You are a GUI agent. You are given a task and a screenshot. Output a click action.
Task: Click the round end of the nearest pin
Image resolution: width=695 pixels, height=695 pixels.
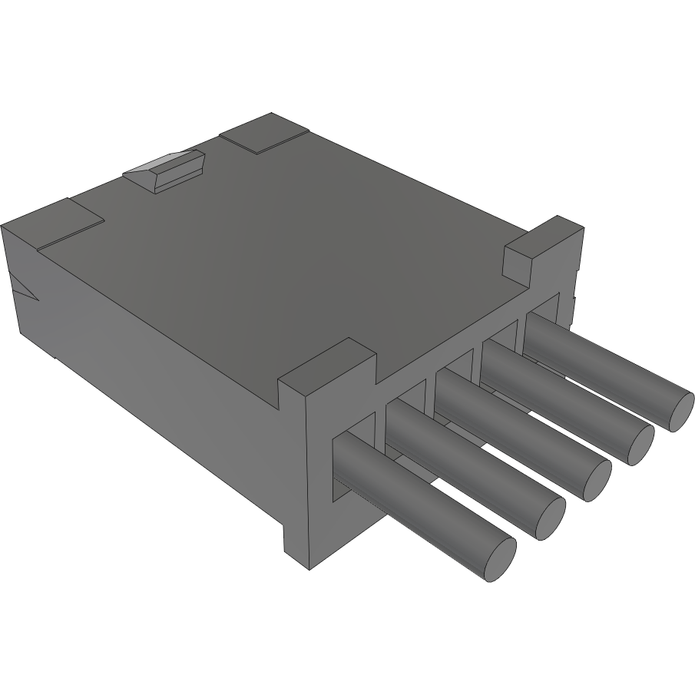pos(500,558)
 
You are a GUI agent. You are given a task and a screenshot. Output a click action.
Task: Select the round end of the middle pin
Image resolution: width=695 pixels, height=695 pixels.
pos(596,480)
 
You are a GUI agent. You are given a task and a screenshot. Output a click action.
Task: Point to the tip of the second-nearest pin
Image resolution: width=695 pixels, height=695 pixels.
pos(550,518)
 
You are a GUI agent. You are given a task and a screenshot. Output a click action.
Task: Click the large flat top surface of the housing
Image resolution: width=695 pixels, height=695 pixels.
pos(307,246)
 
